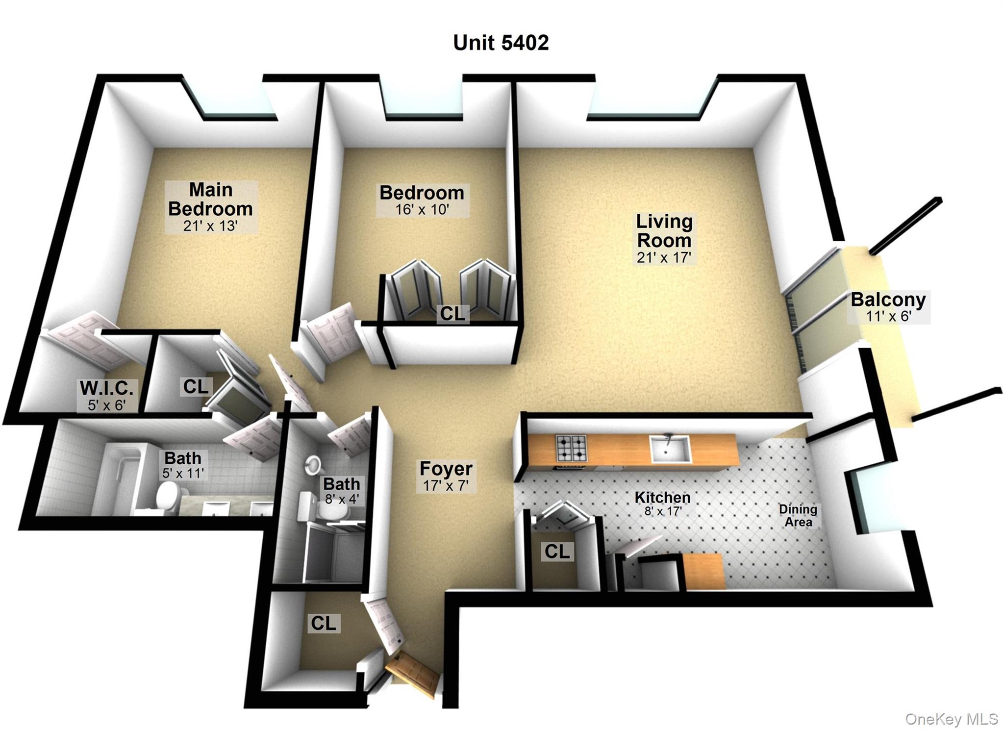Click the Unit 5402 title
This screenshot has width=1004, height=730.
point(501,43)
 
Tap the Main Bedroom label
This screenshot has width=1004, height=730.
point(210,200)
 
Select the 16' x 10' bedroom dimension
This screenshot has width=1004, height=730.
point(422,210)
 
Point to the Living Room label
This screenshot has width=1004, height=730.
point(664,231)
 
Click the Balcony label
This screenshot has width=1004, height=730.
point(888,300)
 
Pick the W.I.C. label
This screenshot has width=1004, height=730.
point(106,388)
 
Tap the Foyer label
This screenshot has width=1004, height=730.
point(446,469)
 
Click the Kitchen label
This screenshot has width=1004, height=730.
point(662,498)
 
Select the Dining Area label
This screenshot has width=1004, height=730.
point(798,516)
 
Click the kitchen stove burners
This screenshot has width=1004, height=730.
point(571,448)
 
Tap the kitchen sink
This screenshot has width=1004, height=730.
point(670,449)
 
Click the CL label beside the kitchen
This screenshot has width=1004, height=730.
point(557,552)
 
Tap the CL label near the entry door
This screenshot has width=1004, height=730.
point(324,623)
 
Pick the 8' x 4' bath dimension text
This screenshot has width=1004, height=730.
point(342,499)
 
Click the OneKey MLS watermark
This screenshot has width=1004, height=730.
point(951,719)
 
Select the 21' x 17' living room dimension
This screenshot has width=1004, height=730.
point(664,257)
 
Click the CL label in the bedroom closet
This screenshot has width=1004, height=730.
point(452,314)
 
